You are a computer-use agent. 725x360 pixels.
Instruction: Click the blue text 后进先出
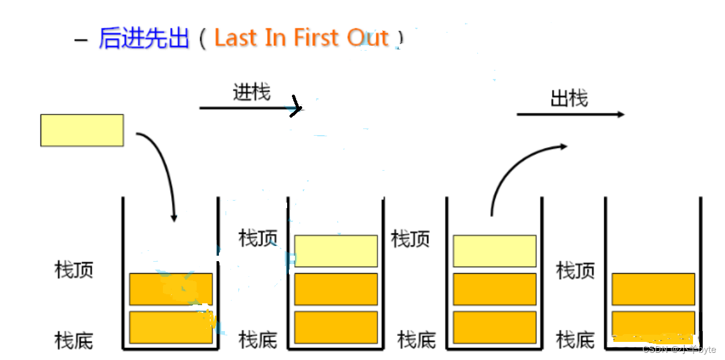pyautogui.click(x=144, y=38)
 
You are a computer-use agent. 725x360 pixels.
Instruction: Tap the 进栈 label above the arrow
pyautogui.click(x=252, y=92)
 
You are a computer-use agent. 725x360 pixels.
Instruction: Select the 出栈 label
pyautogui.click(x=569, y=98)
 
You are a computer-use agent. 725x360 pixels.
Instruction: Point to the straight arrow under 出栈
pyautogui.click(x=570, y=114)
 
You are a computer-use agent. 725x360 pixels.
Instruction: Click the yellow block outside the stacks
pyautogui.click(x=82, y=130)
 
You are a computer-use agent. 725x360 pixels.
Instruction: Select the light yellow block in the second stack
pyautogui.click(x=336, y=251)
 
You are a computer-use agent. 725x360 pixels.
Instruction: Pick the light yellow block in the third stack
pyautogui.click(x=495, y=251)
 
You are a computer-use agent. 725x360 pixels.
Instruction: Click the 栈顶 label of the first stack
pyautogui.click(x=74, y=270)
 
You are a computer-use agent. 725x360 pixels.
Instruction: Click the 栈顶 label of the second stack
pyautogui.click(x=258, y=238)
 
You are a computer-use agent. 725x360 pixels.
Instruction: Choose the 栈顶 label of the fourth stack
pyautogui.click(x=575, y=270)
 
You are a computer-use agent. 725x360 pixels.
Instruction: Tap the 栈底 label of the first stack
pyautogui.click(x=74, y=340)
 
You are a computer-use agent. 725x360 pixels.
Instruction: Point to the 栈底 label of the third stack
pyautogui.click(x=416, y=340)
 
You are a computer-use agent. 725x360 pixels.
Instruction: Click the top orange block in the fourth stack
pyautogui.click(x=653, y=289)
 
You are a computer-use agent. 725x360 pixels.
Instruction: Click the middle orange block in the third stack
pyautogui.click(x=495, y=289)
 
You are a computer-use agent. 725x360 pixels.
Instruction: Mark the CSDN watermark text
pyautogui.click(x=679, y=349)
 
